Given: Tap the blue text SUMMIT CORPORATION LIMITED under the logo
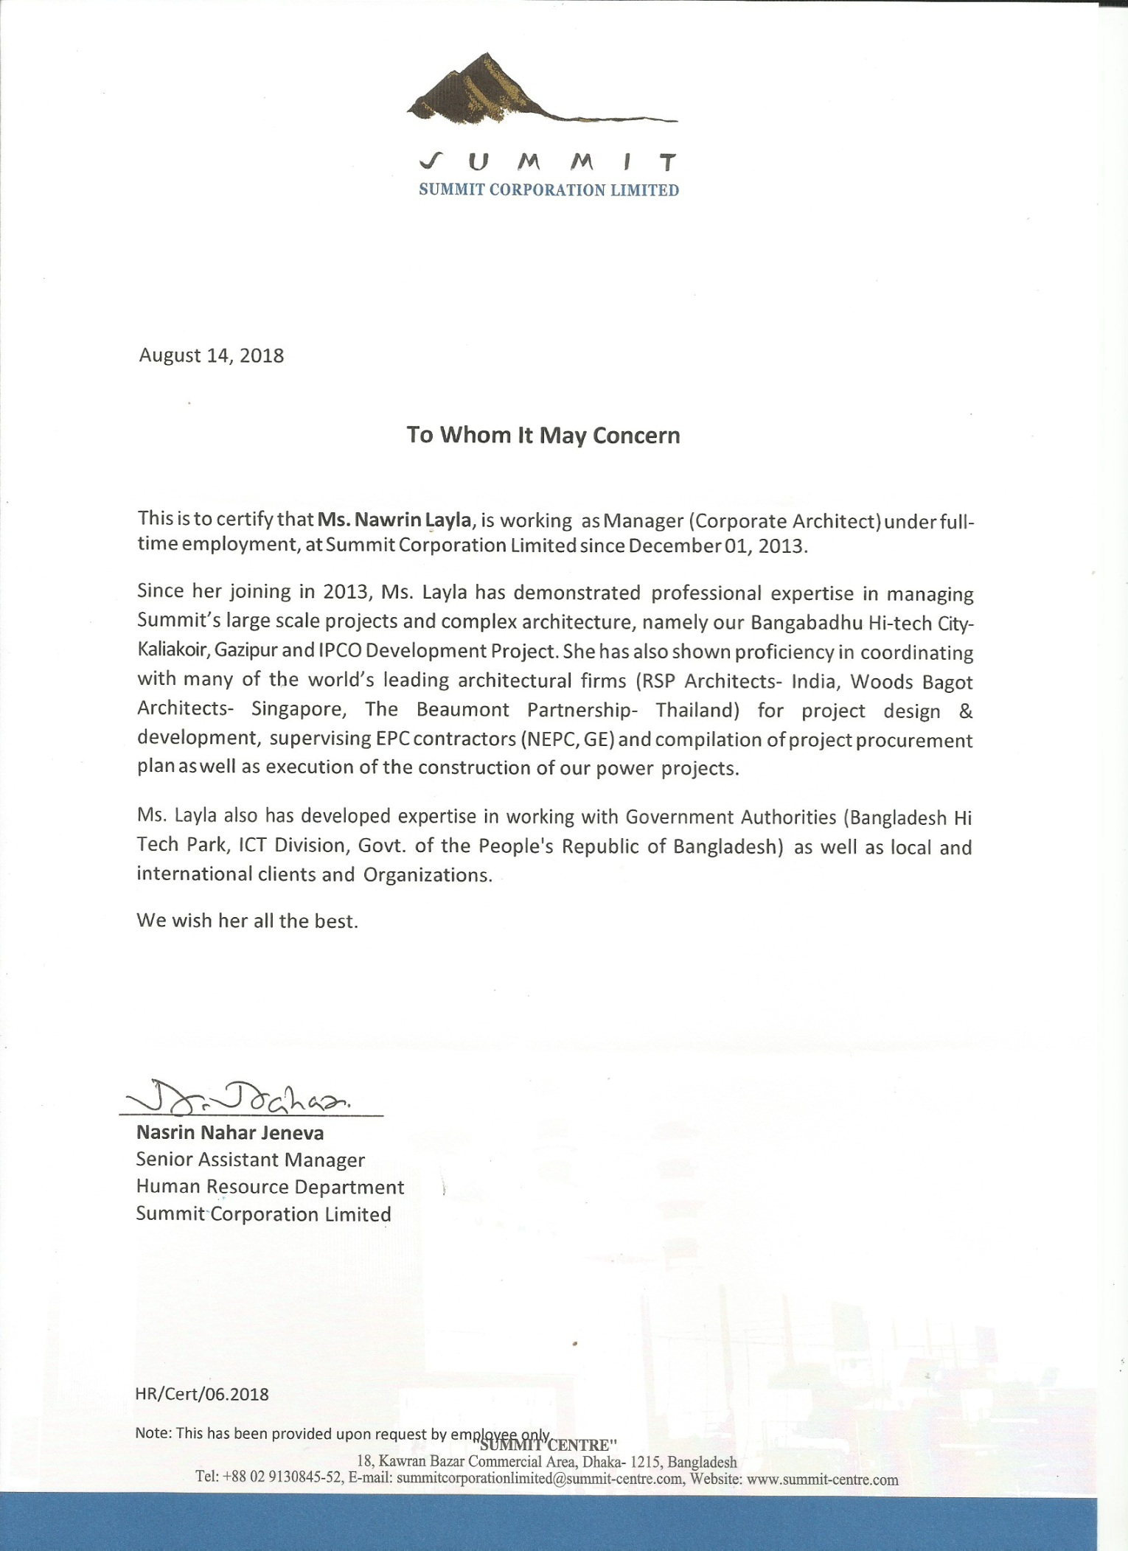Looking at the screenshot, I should point(549,190).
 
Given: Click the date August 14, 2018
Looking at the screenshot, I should point(212,355).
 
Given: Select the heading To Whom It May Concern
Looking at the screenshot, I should point(543,435).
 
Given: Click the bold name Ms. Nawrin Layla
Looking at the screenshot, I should point(394,520).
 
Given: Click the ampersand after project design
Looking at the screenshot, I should point(966,711).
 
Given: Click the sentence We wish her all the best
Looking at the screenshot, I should point(248,921).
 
